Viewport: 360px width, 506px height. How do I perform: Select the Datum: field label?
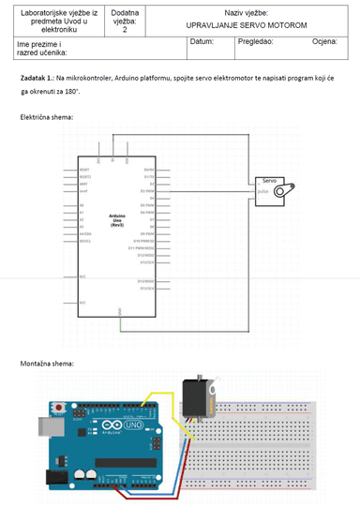coord(202,42)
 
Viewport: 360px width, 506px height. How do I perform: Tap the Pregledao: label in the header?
coord(255,42)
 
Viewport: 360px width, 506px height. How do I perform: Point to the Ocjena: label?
coord(324,42)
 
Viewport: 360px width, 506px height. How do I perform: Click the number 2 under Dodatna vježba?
coord(124,30)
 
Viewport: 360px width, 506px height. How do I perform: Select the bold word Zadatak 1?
coord(36,79)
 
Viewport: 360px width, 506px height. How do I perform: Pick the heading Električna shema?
coord(46,117)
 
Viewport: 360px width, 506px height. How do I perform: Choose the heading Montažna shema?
coord(46,363)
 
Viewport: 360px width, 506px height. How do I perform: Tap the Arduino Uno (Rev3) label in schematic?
coord(118,221)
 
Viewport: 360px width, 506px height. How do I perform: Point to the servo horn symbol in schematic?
coord(293,189)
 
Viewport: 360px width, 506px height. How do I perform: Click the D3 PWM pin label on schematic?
coord(148,191)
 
